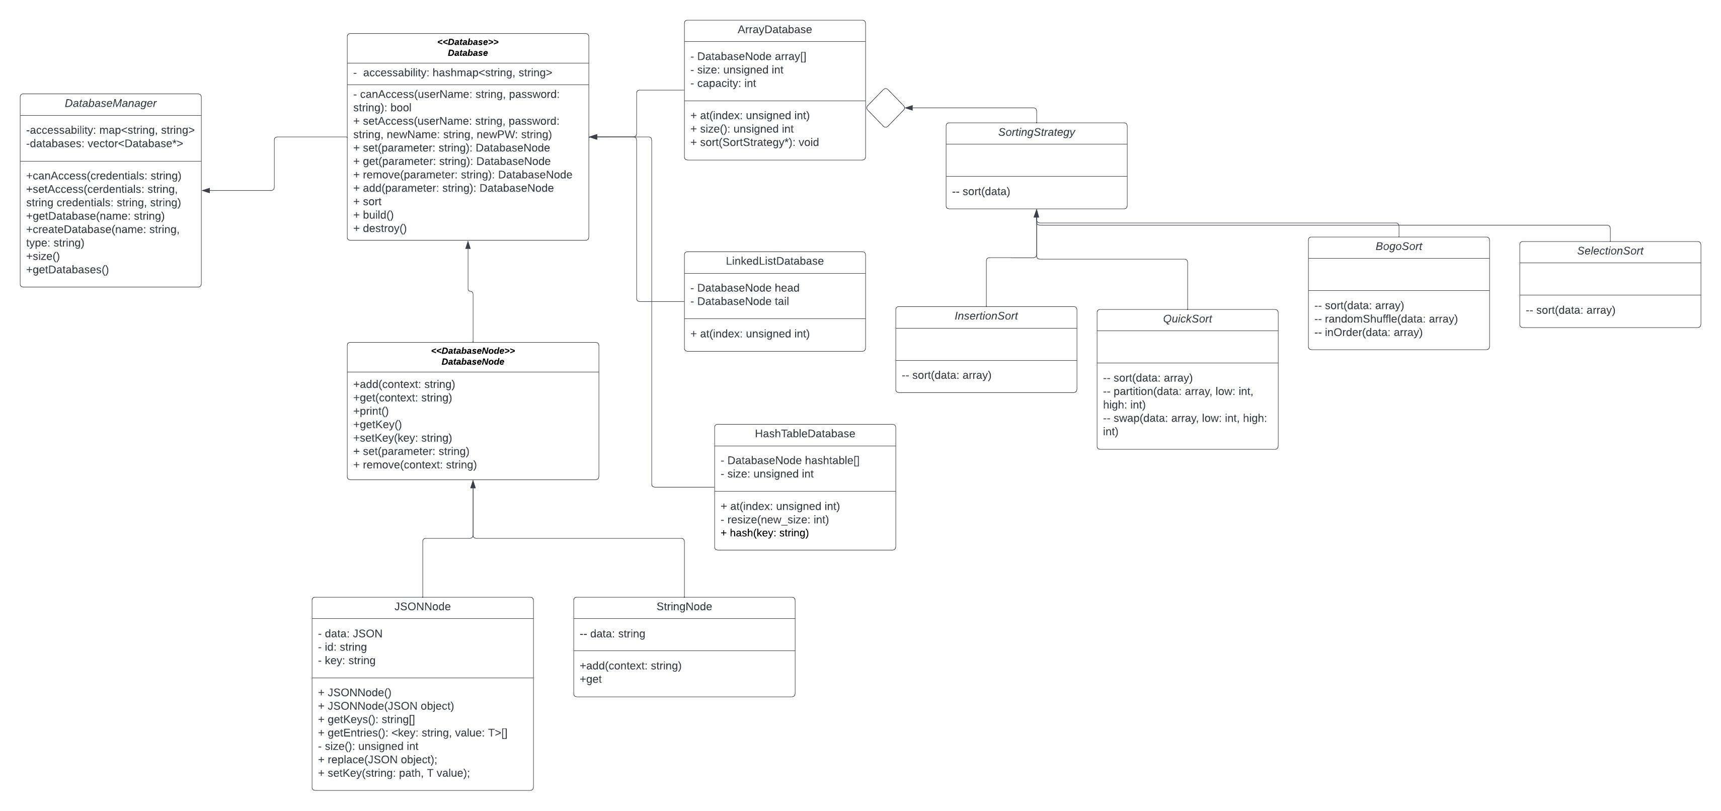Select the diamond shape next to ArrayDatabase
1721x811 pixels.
(885, 108)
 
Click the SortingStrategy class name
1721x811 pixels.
(1036, 132)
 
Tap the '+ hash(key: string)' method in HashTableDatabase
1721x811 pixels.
(764, 533)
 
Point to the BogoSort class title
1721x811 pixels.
(1398, 247)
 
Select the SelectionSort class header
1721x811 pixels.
(1609, 251)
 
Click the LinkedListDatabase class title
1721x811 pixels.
(774, 261)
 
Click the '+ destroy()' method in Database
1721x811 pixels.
(380, 228)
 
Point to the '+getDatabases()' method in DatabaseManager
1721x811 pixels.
(67, 270)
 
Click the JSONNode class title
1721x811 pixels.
(422, 607)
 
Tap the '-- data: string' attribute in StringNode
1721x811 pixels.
(612, 634)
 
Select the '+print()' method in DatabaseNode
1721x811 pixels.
(371, 412)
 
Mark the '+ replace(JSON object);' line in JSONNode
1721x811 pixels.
(378, 760)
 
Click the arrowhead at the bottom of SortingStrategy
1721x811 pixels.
(1036, 214)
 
